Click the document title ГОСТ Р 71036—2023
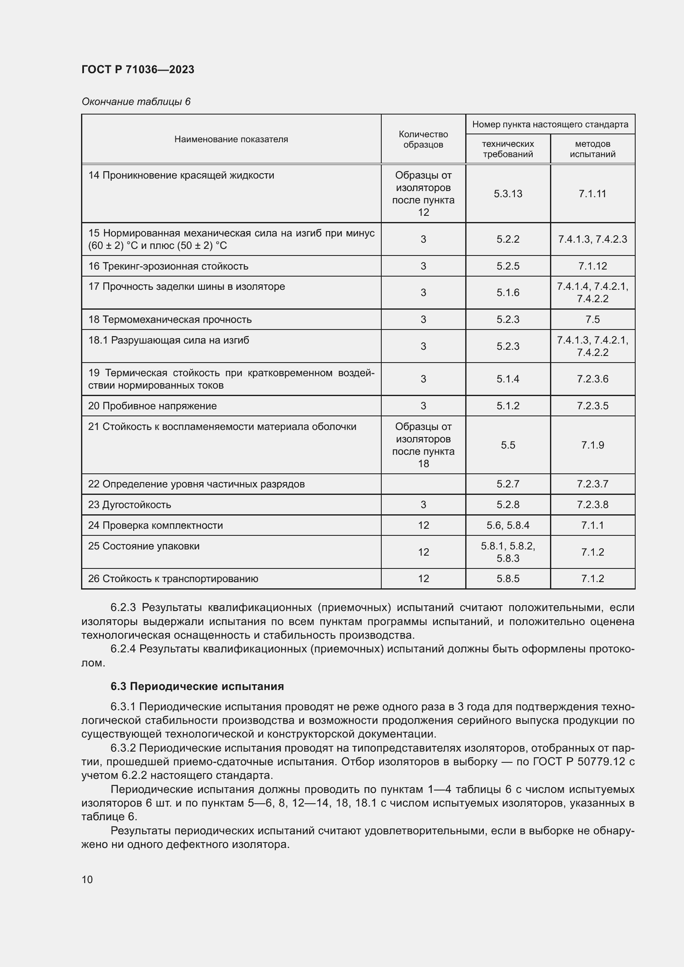click(x=138, y=69)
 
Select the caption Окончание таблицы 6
click(x=136, y=102)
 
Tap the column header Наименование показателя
click(x=231, y=139)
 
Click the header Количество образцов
click(x=423, y=139)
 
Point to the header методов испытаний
click(x=592, y=149)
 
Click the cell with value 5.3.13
click(x=507, y=194)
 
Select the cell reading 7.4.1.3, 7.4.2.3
click(x=592, y=239)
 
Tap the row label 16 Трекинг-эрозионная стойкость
click(x=168, y=266)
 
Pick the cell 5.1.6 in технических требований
click(x=507, y=293)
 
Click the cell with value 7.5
click(x=592, y=320)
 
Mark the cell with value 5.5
click(x=507, y=445)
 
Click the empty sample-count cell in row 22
click(x=423, y=484)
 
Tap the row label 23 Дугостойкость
click(x=130, y=504)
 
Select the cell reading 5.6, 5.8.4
click(x=507, y=525)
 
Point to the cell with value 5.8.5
click(x=507, y=579)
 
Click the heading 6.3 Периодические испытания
click(x=197, y=687)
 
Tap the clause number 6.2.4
click(x=123, y=649)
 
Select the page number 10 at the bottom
click(x=87, y=879)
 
